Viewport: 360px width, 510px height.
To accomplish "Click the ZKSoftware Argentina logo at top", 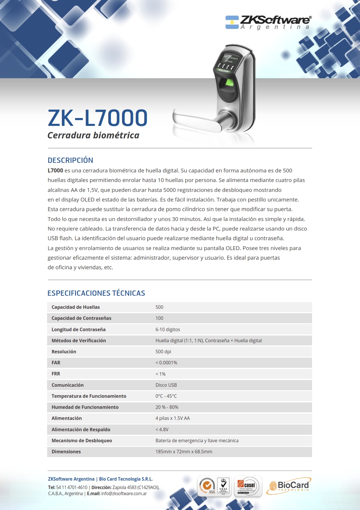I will click(x=268, y=22).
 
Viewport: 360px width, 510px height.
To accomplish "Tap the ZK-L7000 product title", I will click(x=98, y=118).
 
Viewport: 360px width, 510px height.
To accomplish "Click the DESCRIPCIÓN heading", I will click(x=70, y=160).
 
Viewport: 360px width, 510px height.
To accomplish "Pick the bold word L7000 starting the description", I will click(x=55, y=171).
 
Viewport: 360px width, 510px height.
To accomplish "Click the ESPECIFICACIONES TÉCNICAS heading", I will click(x=96, y=293).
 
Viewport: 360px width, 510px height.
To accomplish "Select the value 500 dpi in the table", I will click(x=163, y=352).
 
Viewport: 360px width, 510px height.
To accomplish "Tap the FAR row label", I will click(x=56, y=363).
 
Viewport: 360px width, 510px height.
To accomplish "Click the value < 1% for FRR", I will click(x=160, y=374).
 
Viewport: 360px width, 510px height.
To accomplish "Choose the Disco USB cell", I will click(x=166, y=385).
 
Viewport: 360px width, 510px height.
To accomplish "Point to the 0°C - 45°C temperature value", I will click(x=166, y=396).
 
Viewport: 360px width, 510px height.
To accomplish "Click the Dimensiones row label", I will click(x=66, y=452).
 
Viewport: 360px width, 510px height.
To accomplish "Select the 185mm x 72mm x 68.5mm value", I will click(x=184, y=452).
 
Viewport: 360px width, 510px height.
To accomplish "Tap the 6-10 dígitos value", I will click(x=168, y=329).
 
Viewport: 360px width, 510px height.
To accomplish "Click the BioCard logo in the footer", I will click(x=289, y=486).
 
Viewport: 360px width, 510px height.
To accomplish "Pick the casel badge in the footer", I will click(x=248, y=486).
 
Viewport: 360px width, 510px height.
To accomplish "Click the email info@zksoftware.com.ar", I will click(x=124, y=493).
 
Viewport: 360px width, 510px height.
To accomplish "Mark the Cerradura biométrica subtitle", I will click(x=93, y=135).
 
